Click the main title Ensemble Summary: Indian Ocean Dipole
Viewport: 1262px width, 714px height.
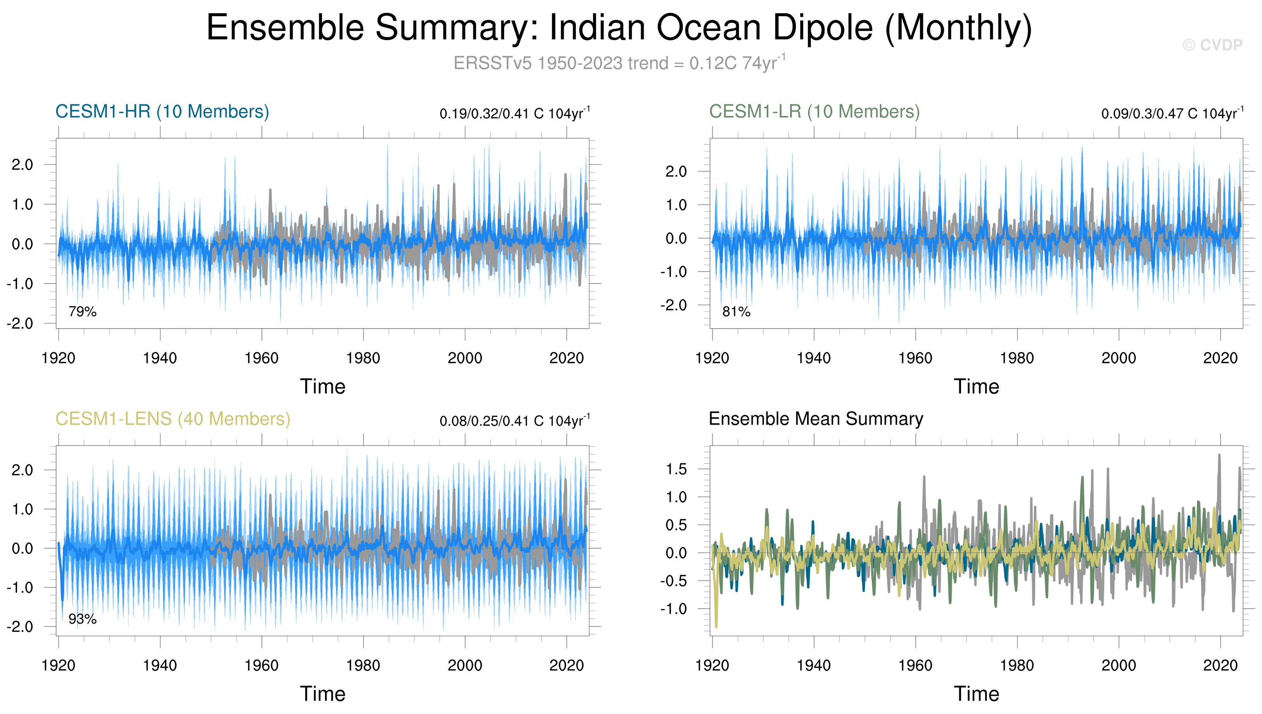[x=619, y=28]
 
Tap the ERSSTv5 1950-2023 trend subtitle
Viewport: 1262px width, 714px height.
[x=619, y=63]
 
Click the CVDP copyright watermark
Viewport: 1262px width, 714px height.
[x=1212, y=45]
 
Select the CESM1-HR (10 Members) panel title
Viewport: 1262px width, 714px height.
[x=162, y=112]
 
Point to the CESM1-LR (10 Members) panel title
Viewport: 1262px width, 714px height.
[x=814, y=112]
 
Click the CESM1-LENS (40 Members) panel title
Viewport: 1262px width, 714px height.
[x=173, y=419]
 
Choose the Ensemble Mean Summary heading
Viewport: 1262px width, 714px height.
[x=816, y=419]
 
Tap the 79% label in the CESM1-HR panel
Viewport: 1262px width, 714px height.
[x=83, y=311]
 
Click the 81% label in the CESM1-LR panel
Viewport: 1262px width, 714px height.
[x=736, y=311]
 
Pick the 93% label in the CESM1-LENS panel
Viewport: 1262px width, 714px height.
[x=83, y=619]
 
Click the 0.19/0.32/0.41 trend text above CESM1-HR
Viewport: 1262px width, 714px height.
[x=515, y=113]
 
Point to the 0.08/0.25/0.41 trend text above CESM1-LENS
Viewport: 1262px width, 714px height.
[x=515, y=421]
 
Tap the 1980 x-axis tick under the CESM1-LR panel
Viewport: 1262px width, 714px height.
[x=1017, y=358]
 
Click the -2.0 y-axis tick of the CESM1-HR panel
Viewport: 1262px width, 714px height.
[x=20, y=323]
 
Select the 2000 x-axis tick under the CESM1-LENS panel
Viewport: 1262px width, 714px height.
[x=465, y=666]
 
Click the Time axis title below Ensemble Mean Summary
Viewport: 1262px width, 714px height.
[x=976, y=694]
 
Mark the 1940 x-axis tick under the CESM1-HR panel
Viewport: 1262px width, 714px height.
[x=160, y=358]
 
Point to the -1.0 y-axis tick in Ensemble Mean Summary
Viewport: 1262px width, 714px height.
[x=673, y=609]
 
